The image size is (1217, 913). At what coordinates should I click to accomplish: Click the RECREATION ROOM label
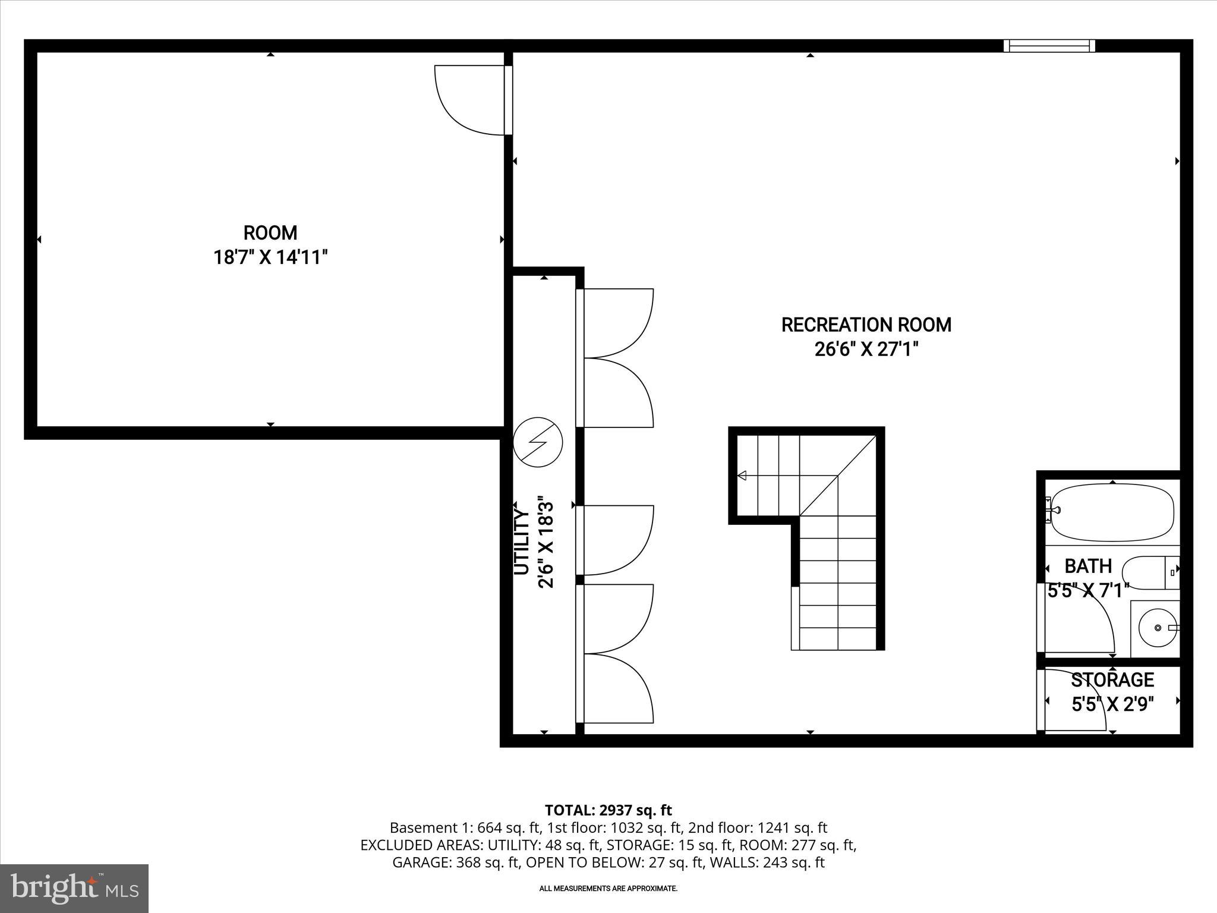coord(866,325)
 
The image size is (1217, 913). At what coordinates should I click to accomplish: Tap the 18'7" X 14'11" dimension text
coord(270,257)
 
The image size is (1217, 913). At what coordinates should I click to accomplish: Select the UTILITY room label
coord(521,541)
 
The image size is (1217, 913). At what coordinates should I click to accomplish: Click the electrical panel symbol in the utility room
coord(537,442)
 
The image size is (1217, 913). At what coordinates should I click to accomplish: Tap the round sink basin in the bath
coord(1157,628)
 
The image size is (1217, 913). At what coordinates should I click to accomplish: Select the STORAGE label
coord(1112,679)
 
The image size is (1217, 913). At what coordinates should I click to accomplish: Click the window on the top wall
coord(1049,46)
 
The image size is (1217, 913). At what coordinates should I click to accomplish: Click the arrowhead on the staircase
coord(742,475)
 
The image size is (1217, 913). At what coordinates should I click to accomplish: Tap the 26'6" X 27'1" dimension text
coord(866,350)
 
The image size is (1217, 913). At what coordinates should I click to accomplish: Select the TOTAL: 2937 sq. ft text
coord(608,810)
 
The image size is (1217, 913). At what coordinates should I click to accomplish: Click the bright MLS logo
coord(74,889)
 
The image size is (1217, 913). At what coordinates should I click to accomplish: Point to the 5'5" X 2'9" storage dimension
coord(1112,704)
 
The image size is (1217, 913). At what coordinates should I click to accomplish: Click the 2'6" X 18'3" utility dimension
coord(546,544)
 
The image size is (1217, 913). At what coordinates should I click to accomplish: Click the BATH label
coord(1088,565)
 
